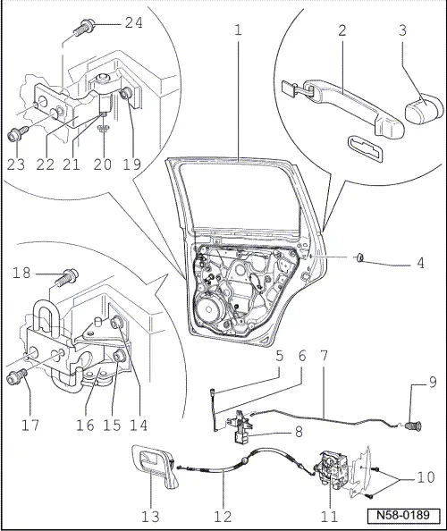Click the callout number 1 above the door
pos(238,29)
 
